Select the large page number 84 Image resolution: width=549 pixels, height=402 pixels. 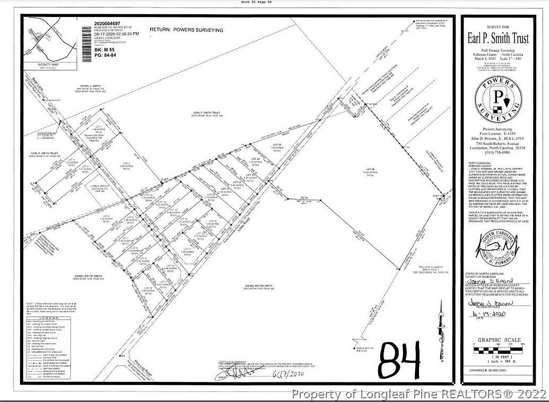[x=400, y=360]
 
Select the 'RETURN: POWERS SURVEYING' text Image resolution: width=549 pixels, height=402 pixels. [x=186, y=30]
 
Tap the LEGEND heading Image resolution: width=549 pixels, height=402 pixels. [x=40, y=317]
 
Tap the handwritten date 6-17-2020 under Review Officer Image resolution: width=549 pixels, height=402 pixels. [x=486, y=314]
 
